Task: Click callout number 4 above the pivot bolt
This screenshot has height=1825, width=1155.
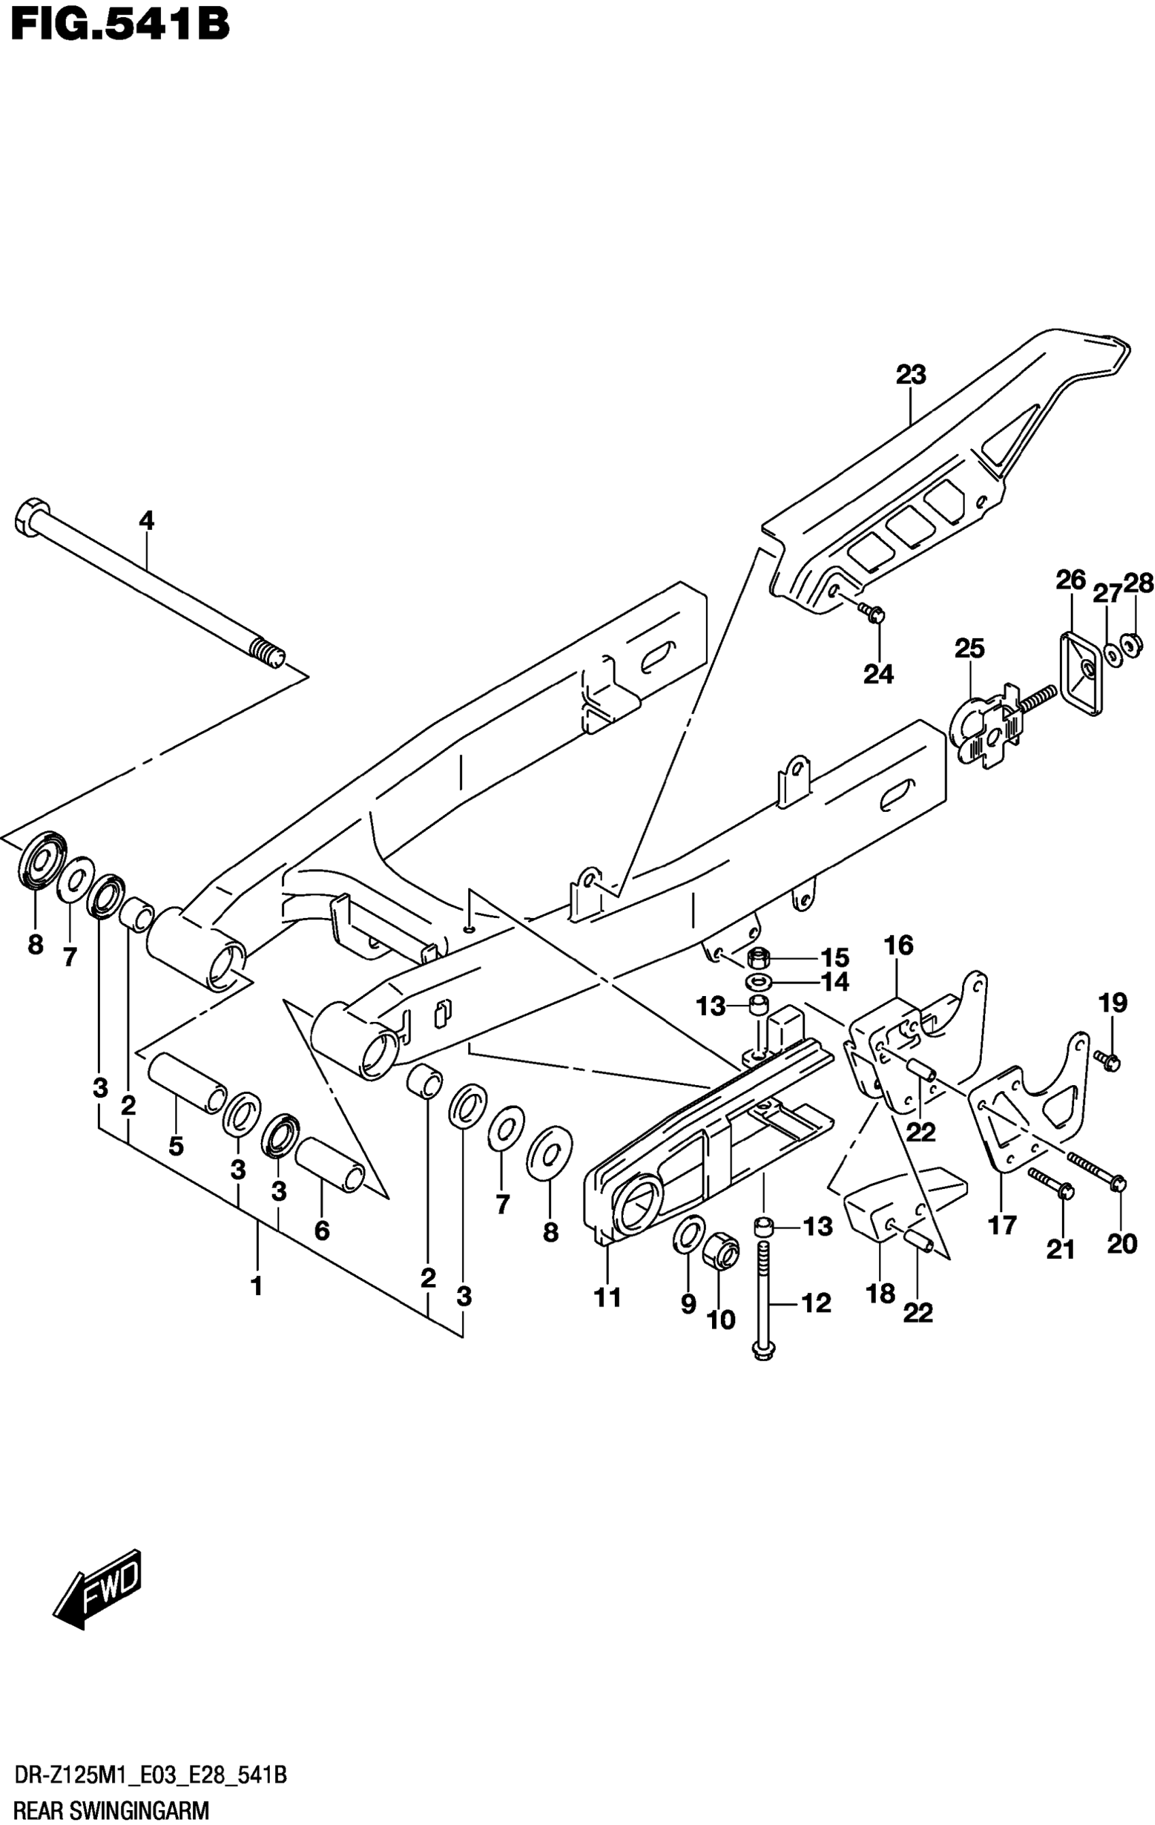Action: coord(146,520)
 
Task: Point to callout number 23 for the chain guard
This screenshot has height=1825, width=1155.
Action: coord(911,374)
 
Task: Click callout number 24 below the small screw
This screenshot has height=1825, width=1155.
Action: coord(878,673)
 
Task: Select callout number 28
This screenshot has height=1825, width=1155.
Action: coord(1138,583)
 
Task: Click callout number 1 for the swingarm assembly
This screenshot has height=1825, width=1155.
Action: coord(257,1286)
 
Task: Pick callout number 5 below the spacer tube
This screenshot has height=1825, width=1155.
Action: coord(176,1147)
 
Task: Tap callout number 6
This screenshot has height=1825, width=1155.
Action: coord(322,1230)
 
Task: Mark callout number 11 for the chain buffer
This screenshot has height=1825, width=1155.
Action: coord(608,1298)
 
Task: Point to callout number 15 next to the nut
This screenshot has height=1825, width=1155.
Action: coord(835,957)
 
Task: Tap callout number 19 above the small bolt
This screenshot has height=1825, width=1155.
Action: coord(1113,1003)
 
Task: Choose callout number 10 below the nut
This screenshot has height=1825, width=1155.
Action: coord(721,1319)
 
